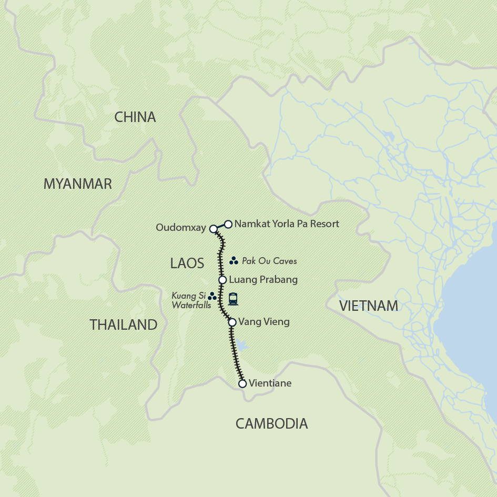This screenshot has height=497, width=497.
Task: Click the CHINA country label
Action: (x=135, y=117)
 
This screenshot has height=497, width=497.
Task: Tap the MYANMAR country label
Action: (x=77, y=184)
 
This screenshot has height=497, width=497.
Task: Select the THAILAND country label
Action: (x=124, y=325)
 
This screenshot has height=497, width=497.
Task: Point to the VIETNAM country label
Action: (x=368, y=306)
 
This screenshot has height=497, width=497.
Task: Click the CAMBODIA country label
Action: (x=271, y=423)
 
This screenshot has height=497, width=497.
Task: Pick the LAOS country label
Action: (x=187, y=263)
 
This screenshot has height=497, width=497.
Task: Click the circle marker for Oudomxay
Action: (x=213, y=229)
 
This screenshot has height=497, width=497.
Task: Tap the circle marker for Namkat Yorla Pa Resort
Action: (x=228, y=224)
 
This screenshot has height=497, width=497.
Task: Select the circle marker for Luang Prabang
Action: (x=222, y=280)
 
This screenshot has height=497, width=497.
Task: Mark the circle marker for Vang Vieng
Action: (x=232, y=322)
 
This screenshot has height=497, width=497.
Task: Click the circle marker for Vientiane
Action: (x=242, y=384)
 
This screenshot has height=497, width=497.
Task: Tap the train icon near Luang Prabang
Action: (x=233, y=299)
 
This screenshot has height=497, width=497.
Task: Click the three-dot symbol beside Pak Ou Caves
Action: (x=234, y=261)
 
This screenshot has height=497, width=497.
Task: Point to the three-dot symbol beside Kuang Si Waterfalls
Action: (x=212, y=297)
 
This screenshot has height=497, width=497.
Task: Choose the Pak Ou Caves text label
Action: (x=269, y=261)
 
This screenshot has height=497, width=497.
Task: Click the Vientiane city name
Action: (x=270, y=383)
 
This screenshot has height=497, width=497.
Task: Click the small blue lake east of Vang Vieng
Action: (x=241, y=346)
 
